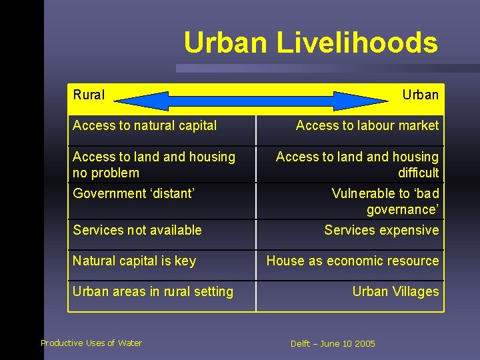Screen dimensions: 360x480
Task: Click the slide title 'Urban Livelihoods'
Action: pyautogui.click(x=311, y=43)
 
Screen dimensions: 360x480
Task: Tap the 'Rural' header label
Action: pyautogui.click(x=89, y=95)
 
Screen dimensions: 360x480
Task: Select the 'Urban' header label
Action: pyautogui.click(x=420, y=95)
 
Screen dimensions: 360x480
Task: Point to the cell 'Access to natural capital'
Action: pyautogui.click(x=145, y=125)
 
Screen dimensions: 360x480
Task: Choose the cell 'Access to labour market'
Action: pyautogui.click(x=367, y=125)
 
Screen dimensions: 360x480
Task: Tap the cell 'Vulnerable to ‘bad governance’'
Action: pyautogui.click(x=385, y=201)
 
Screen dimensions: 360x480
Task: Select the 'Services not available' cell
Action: pyautogui.click(x=137, y=230)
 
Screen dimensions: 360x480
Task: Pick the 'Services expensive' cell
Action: pyautogui.click(x=381, y=230)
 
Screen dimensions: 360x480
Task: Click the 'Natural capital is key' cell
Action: pyautogui.click(x=134, y=261)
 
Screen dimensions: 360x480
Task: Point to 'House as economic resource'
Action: pyautogui.click(x=353, y=261)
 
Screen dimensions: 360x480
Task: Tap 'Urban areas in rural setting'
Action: pyautogui.click(x=153, y=291)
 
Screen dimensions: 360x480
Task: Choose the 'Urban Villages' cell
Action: pyautogui.click(x=395, y=291)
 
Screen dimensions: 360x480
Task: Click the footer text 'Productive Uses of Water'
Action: pyautogui.click(x=91, y=343)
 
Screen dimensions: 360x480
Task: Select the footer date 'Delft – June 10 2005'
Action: pyautogui.click(x=333, y=344)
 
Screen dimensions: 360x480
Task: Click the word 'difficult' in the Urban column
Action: pyautogui.click(x=418, y=173)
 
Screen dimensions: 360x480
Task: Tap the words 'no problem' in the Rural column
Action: pyautogui.click(x=106, y=173)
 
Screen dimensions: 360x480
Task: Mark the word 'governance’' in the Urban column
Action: pyautogui.click(x=403, y=209)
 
